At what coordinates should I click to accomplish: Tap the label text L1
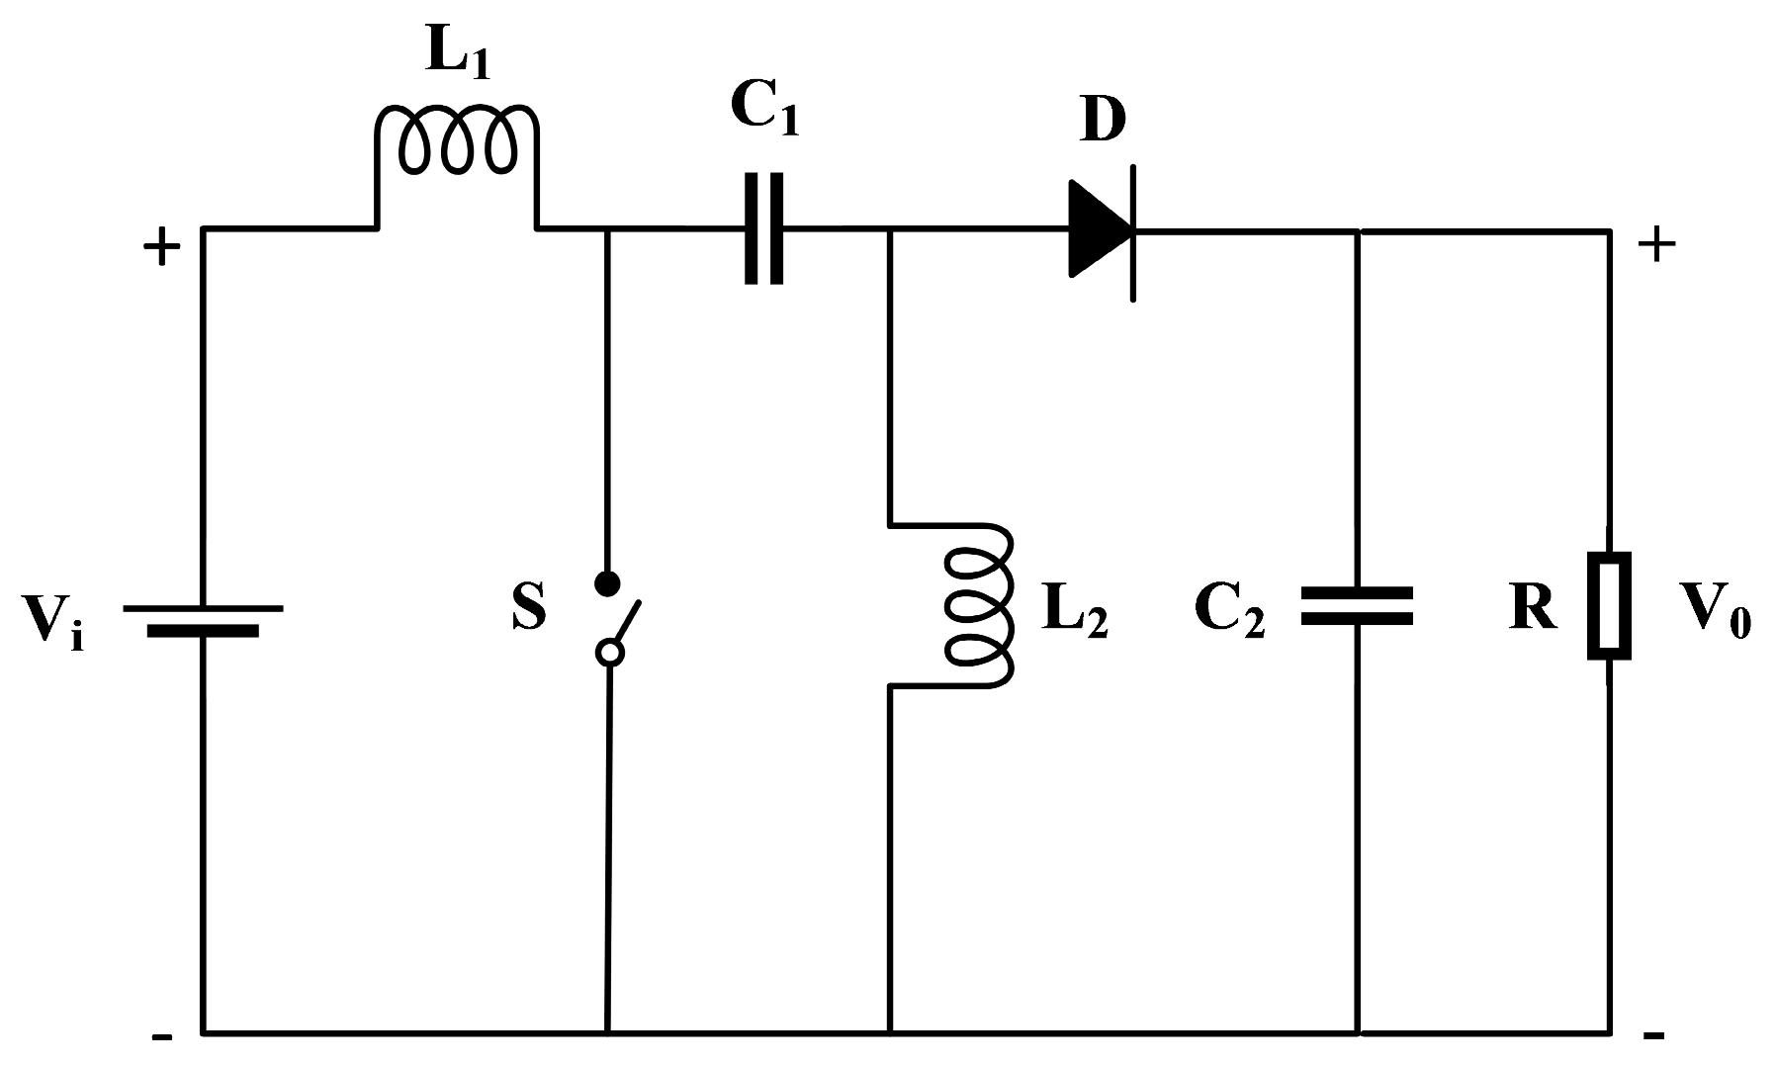pos(457,57)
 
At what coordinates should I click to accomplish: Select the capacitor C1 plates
pos(763,229)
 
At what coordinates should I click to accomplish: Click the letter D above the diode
pos(1101,121)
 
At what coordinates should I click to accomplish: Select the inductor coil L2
pos(979,605)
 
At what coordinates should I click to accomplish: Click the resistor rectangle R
pos(1609,605)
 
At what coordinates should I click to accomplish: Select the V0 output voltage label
pos(1717,613)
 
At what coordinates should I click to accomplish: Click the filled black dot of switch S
pos(608,582)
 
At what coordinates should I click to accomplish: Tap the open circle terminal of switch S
pos(610,652)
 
